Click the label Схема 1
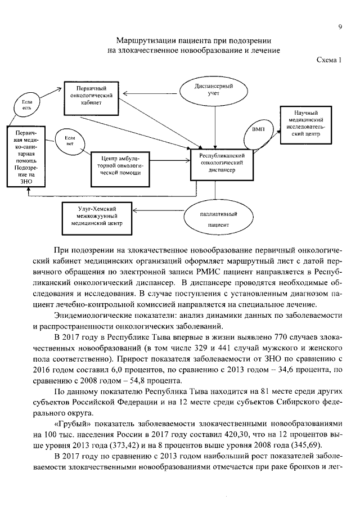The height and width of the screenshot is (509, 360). tap(329, 60)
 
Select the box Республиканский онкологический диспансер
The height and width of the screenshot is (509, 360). tap(222, 163)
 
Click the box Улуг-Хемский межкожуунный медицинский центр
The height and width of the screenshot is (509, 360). tap(93, 215)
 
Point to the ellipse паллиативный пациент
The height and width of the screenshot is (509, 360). tap(218, 219)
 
